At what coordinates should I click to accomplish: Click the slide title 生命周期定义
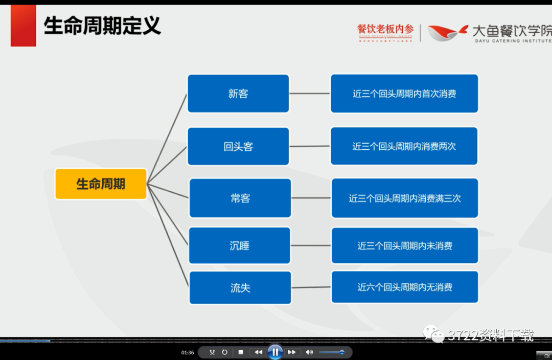102,25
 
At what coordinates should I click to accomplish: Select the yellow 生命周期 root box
101,184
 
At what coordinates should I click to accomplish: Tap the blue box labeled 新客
238,94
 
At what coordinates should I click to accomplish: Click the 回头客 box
238,147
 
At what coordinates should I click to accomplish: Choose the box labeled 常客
240,198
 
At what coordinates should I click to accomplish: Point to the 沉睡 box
240,246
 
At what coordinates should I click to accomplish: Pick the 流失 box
240,288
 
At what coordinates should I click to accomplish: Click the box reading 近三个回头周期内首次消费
404,94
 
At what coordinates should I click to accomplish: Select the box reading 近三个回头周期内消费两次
404,147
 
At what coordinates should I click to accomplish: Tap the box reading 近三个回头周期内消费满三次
405,198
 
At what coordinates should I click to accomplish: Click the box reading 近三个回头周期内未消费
405,246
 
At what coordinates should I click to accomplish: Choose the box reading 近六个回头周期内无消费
405,287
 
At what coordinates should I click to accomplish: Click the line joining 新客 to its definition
310,94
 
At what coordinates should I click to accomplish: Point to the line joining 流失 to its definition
311,287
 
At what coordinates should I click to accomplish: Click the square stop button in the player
241,352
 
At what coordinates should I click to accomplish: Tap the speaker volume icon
309,352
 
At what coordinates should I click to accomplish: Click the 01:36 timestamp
188,352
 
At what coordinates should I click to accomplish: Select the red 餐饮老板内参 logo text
385,30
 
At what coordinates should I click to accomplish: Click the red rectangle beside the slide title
24,26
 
